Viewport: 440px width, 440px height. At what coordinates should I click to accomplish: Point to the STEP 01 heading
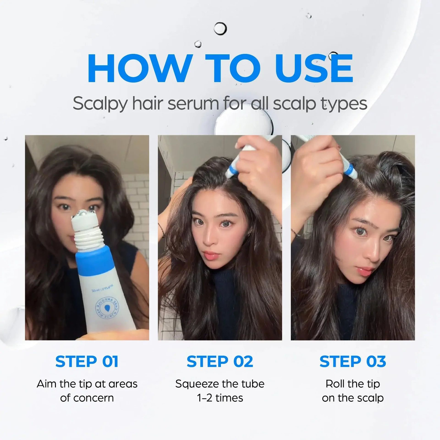coord(87,362)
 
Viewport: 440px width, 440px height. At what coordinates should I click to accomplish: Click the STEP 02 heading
coord(220,362)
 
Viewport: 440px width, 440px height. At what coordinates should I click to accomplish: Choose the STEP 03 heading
coord(353,362)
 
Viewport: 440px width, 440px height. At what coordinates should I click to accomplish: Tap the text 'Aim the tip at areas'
coord(87,384)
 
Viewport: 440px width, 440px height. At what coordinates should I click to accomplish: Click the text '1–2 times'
coord(220,398)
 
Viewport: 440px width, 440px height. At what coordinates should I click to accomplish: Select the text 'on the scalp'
coord(353,398)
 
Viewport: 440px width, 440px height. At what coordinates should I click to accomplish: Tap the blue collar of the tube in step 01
coord(94,260)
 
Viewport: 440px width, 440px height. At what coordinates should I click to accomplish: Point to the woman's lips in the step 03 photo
coord(365,272)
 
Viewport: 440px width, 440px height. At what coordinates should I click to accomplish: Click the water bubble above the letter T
coord(220,29)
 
